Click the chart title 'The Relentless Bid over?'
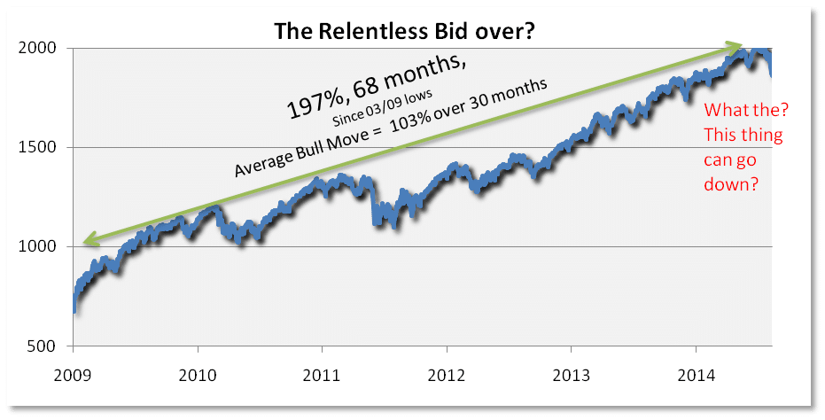coord(404,31)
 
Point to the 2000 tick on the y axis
coord(37,48)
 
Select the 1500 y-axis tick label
coord(37,147)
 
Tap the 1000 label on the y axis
coord(37,247)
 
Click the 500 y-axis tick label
coord(42,346)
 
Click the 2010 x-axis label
coord(198,376)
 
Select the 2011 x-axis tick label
coord(322,376)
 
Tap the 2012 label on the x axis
coord(447,376)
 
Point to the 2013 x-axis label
coord(571,376)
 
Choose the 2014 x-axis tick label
coord(696,376)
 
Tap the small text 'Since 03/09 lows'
coord(382,108)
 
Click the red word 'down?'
coord(731,184)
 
